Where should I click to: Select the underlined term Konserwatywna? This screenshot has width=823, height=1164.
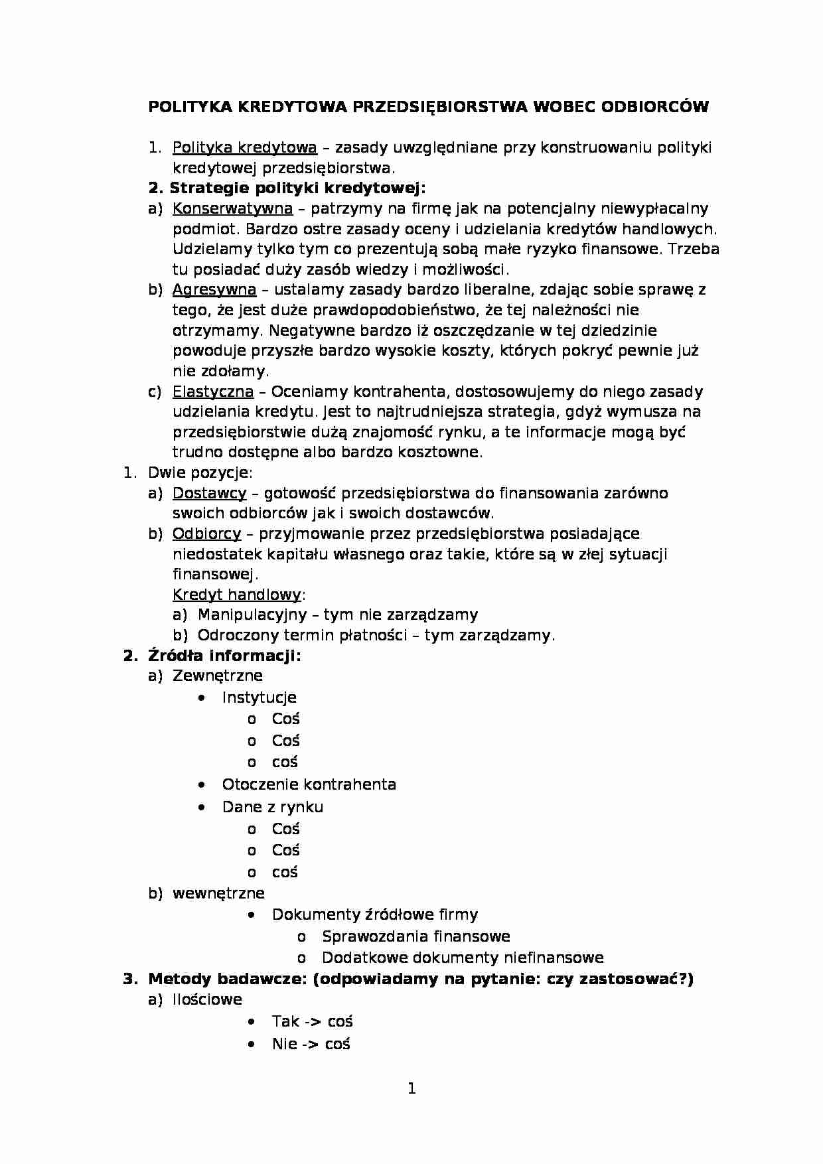point(232,208)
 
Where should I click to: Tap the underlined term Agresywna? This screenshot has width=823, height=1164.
point(214,289)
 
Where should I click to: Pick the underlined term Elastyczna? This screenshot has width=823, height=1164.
point(212,392)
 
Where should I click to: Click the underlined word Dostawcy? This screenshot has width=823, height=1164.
point(209,493)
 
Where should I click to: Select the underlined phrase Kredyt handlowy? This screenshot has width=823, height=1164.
point(236,595)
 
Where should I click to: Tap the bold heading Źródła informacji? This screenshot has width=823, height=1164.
point(224,656)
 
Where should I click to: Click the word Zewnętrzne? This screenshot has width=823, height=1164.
point(217,676)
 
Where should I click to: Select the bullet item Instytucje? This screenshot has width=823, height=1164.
point(259,697)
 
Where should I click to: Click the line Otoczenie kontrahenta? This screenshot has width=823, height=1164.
point(309,784)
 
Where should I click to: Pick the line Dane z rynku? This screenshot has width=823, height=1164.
point(272,807)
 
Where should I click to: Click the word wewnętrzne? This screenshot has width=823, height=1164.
point(218,893)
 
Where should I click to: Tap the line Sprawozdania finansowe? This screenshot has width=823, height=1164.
point(415,936)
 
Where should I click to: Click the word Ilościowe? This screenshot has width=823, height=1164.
point(207,999)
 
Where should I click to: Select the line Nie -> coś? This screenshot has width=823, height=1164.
point(311,1044)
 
